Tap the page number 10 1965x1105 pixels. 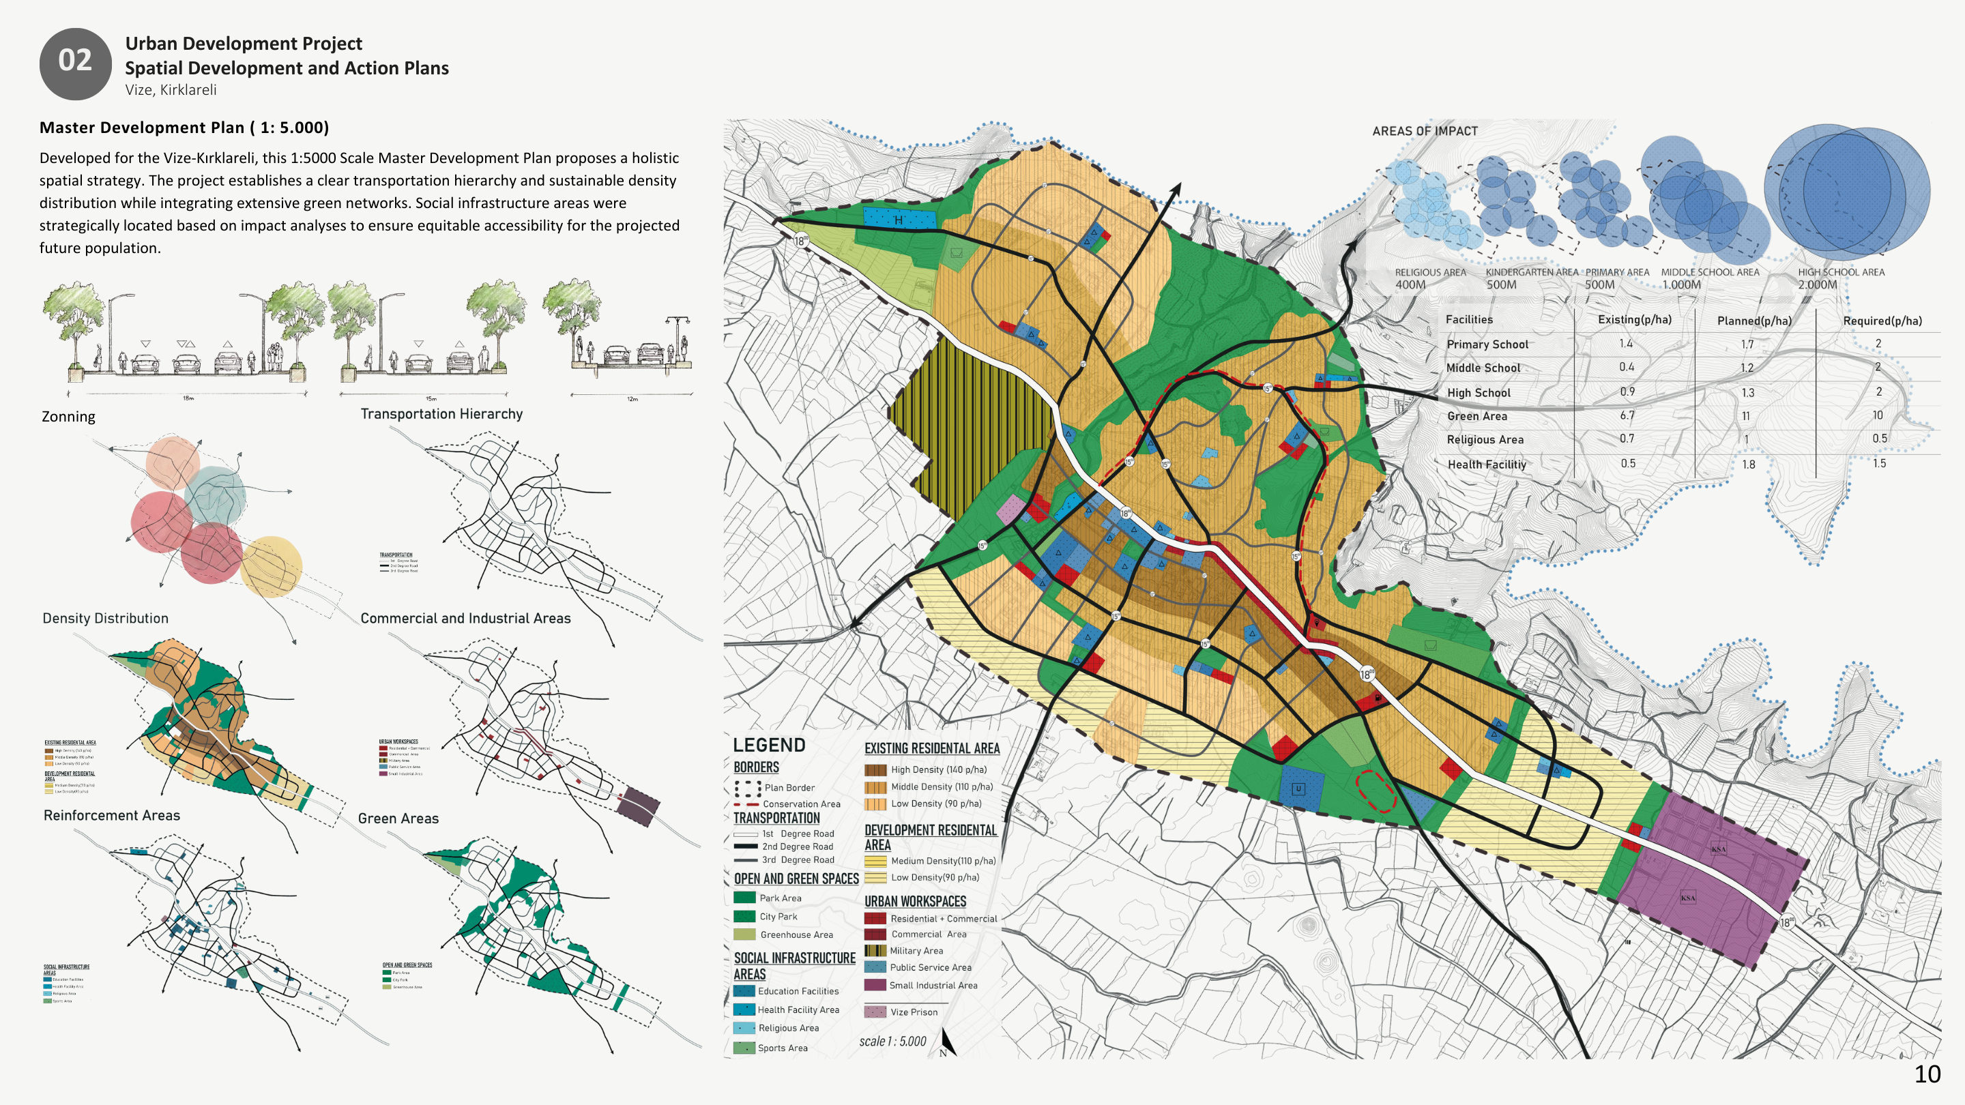(1927, 1074)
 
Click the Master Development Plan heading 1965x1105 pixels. (184, 128)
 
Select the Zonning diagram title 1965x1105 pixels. (69, 416)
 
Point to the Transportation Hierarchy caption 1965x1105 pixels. (441, 413)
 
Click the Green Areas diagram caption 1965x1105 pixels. (398, 819)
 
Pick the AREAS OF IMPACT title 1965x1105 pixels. (1424, 130)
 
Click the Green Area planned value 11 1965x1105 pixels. (1745, 416)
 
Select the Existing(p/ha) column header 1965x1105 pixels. (1634, 319)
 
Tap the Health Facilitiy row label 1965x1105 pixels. (1486, 465)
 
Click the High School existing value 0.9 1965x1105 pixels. (1627, 392)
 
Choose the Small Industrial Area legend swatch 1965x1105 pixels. (874, 984)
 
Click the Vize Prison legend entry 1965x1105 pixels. (913, 1012)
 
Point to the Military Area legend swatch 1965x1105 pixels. (874, 950)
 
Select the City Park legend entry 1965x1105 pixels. (777, 917)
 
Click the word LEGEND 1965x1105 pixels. (768, 745)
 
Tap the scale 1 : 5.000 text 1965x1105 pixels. (892, 1041)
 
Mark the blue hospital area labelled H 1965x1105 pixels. (898, 219)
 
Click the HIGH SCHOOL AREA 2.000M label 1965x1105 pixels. (1840, 278)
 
